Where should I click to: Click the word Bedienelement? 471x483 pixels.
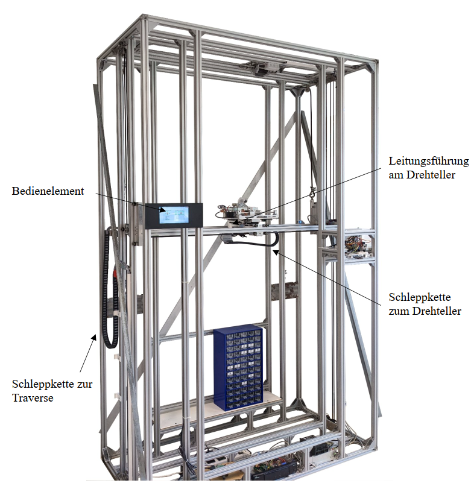[48, 191]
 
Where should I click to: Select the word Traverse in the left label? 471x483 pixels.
[33, 397]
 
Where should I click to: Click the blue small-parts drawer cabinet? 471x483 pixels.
[238, 367]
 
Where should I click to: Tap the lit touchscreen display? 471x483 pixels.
[174, 215]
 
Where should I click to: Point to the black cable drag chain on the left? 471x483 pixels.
[110, 288]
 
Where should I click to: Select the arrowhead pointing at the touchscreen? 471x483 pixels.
[162, 210]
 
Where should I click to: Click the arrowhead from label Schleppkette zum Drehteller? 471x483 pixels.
[276, 252]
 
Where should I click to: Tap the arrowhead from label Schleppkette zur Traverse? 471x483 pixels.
[94, 338]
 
